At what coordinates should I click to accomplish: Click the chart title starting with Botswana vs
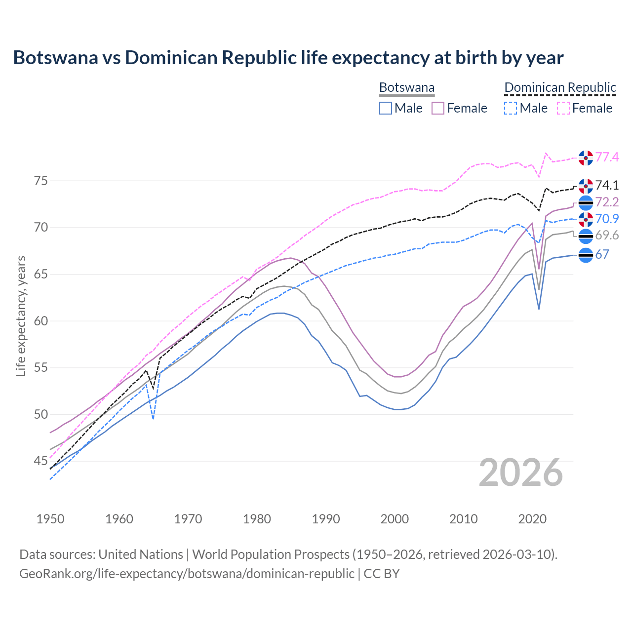(x=288, y=58)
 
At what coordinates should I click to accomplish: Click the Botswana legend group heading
(x=407, y=87)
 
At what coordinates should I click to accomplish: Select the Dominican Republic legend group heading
(x=560, y=87)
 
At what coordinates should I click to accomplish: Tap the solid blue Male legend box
(x=386, y=108)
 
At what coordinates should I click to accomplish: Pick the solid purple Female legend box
(x=438, y=108)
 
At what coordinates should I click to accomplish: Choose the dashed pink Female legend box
(x=563, y=108)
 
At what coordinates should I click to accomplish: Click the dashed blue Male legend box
(x=511, y=108)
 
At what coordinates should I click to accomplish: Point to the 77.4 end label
(x=607, y=157)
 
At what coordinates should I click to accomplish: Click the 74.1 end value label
(x=607, y=185)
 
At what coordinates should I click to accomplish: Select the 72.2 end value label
(x=607, y=202)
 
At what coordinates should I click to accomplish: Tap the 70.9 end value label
(x=607, y=219)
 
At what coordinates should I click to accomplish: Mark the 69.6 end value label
(x=607, y=236)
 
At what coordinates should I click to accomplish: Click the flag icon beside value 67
(x=586, y=255)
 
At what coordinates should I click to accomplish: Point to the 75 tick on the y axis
(x=41, y=181)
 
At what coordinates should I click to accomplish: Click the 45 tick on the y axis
(x=41, y=461)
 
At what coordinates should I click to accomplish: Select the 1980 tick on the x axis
(x=257, y=519)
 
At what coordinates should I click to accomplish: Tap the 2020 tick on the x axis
(x=532, y=519)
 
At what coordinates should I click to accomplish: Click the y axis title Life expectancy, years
(x=21, y=316)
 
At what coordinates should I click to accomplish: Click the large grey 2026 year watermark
(x=521, y=473)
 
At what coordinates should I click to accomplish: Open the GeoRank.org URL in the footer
(x=187, y=574)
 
